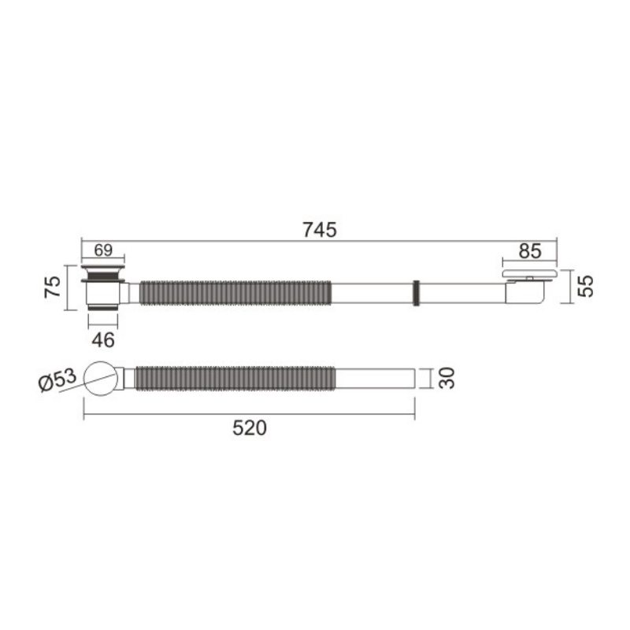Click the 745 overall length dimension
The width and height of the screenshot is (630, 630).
[320, 230]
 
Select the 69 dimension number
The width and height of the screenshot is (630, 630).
[103, 250]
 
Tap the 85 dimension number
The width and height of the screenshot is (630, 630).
[530, 251]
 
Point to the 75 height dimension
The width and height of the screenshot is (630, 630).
[53, 287]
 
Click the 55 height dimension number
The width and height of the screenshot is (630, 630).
[585, 286]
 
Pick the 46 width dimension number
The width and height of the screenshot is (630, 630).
[103, 340]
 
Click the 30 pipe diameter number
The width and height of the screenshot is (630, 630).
[447, 378]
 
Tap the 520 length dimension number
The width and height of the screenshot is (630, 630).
[250, 428]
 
